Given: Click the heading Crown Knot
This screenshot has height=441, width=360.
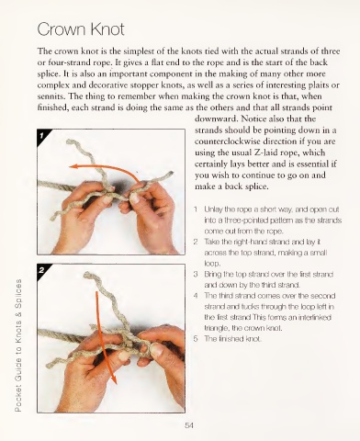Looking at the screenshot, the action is [81, 29].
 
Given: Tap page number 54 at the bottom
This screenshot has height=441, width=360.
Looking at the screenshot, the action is [189, 425].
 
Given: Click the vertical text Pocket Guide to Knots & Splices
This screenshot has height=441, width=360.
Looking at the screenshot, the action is [18, 345].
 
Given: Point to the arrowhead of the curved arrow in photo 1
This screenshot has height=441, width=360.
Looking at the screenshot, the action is [73, 166].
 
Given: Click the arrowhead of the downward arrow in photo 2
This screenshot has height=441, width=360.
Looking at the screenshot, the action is [114, 379].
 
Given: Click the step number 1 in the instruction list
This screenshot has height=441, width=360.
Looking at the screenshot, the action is [196, 209].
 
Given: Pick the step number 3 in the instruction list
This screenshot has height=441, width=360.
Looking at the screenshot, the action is [196, 274].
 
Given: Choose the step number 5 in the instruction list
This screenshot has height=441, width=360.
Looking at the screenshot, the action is [196, 339].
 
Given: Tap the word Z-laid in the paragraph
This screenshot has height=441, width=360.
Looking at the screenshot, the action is [265, 153].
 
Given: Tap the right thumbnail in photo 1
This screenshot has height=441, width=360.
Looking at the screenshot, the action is [134, 198].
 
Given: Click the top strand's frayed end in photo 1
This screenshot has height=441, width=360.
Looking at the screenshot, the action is [70, 141].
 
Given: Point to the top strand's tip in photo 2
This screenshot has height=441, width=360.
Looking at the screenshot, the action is [88, 275].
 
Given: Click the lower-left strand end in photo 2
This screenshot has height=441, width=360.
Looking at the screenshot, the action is [49, 365].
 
